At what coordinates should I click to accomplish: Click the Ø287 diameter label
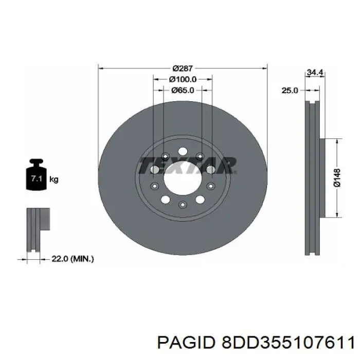pyautogui.click(x=183, y=68)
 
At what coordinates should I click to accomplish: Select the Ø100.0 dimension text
pyautogui.click(x=183, y=79)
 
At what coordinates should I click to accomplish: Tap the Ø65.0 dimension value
pyautogui.click(x=183, y=91)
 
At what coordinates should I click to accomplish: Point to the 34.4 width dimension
pyautogui.click(x=314, y=73)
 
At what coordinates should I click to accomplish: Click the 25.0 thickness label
pyautogui.click(x=290, y=91)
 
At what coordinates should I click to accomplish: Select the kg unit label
pyautogui.click(x=53, y=179)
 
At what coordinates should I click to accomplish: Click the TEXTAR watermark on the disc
pyautogui.click(x=187, y=166)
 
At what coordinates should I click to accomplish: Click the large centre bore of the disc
pyautogui.click(x=183, y=177)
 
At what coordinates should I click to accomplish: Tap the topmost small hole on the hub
pyautogui.click(x=183, y=151)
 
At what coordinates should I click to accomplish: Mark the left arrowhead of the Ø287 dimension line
pyautogui.click(x=100, y=68)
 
